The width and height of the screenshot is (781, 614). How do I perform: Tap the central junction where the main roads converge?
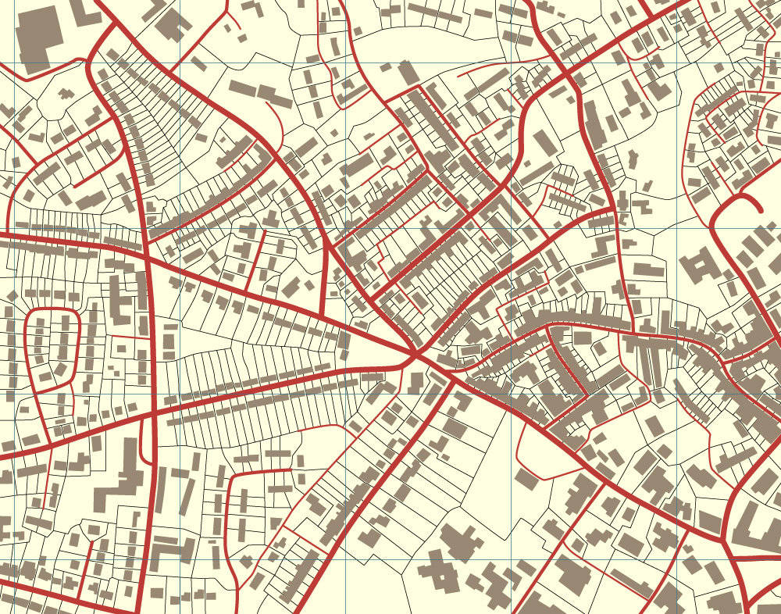point(415,355)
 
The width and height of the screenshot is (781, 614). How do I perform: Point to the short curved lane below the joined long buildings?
point(277,117)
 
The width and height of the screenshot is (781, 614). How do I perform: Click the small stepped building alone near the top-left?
point(66,93)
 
